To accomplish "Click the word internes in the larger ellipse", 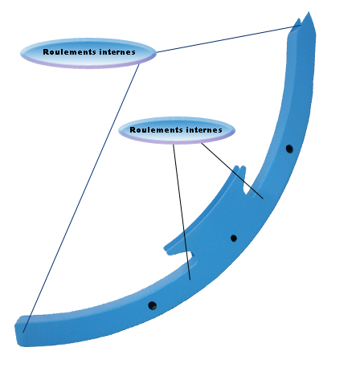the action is coord(117,52).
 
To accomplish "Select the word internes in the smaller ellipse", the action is coord(204,130).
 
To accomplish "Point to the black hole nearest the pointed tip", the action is coord(289,149).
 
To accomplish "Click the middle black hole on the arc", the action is coord(234,238).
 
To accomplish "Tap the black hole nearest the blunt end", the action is coord(153,305).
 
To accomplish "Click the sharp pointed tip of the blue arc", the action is coord(309,12).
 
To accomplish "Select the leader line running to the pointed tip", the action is coord(228,39).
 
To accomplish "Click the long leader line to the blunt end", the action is coord(81,198).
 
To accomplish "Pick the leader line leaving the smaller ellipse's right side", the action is coord(232,171).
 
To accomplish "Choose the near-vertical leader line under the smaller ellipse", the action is coord(182,212).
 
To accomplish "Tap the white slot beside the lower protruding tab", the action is coord(190,255).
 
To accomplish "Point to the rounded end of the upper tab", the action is coord(239,167).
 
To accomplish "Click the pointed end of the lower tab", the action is coord(166,247).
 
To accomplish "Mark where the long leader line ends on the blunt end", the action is coord(23,333).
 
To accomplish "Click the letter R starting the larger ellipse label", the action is coord(46,52).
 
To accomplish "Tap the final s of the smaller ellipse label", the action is coord(220,130).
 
